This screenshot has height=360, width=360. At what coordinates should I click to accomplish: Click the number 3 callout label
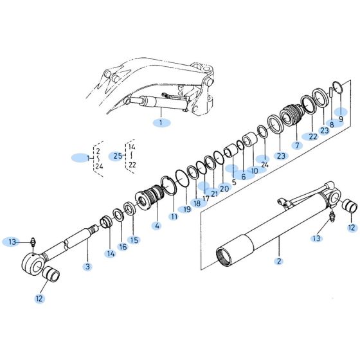pos(87,266)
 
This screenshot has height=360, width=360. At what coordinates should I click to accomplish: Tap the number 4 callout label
pos(157,226)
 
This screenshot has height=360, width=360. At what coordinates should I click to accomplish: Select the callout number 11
pos(174,217)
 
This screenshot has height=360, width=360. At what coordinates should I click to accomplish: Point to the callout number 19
pos(187,210)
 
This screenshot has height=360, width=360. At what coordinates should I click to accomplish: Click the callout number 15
pos(134,240)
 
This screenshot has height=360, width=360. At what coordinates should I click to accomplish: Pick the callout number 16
pos(123,246)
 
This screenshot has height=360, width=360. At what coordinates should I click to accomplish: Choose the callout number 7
pos(296,146)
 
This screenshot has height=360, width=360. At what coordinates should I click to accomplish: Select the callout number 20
pos(224,188)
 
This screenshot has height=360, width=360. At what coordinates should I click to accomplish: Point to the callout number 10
pos(255,171)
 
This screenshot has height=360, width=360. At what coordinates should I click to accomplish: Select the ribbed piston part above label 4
pos(151,195)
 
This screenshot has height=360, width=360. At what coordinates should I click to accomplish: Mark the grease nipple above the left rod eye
pos(33,242)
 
